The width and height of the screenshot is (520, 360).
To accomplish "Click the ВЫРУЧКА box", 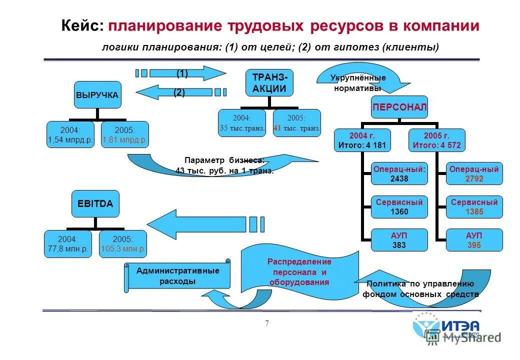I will coord(97,94).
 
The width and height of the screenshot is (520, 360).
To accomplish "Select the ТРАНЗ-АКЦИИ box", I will coord(269,82).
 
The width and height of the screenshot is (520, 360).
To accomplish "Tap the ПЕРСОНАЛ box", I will coord(399,107).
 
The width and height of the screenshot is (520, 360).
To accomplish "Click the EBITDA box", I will coord(95,203).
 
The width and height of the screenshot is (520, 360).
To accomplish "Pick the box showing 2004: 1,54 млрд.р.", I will coord(70,135).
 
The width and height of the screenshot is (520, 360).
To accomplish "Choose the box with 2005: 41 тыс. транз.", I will coord(297,123).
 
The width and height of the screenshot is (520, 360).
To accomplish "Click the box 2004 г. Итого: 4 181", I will coord(361,140).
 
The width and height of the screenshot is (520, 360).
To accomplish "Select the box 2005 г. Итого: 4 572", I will coord(436,140).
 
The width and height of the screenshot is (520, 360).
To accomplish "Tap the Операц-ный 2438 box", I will coord(399,174).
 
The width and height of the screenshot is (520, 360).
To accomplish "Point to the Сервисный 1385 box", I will coord(474,207).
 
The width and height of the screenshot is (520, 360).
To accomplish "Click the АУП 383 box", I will coord(399,240).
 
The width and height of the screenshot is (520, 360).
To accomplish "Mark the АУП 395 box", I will coord(474,240).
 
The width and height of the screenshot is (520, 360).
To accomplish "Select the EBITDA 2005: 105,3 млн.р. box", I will coord(123,244).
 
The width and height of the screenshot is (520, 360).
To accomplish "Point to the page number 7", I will coord(266,323).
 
